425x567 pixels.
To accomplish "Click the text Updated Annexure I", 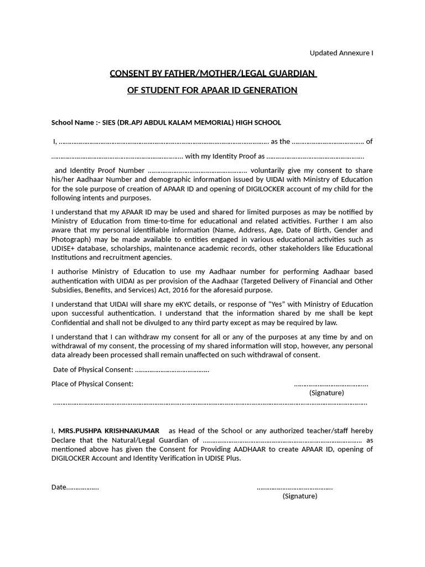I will [341, 53].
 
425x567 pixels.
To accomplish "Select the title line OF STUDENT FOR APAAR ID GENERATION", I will [212, 90].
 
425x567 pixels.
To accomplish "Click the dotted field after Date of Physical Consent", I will [172, 370].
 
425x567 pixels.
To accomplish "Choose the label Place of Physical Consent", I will [92, 384].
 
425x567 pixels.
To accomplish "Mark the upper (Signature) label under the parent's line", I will [326, 393].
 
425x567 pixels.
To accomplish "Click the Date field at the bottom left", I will [75, 487].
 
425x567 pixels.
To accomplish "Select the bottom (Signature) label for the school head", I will [300, 496].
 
